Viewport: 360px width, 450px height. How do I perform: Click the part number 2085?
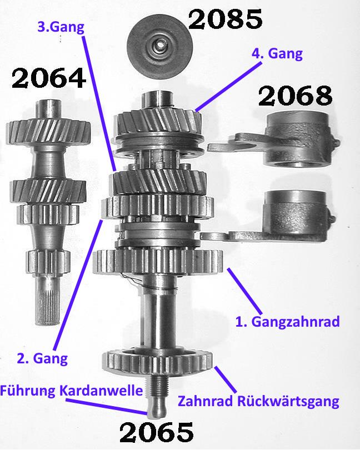(x=225, y=19)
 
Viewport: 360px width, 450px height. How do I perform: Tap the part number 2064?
(x=49, y=78)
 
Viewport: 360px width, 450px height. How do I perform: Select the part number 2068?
(x=296, y=96)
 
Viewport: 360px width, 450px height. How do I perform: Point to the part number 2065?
(x=157, y=432)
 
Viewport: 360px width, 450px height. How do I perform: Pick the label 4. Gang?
(x=277, y=54)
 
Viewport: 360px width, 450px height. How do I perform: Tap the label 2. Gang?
(x=42, y=359)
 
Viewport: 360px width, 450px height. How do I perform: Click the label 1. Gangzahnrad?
(x=287, y=322)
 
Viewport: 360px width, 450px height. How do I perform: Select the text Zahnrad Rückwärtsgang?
(x=258, y=401)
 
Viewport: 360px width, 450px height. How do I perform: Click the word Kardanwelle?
(x=101, y=391)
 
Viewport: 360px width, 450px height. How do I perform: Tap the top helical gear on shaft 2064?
(x=48, y=132)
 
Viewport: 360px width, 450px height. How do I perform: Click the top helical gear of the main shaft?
(x=158, y=123)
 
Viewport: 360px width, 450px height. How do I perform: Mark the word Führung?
(x=28, y=391)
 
